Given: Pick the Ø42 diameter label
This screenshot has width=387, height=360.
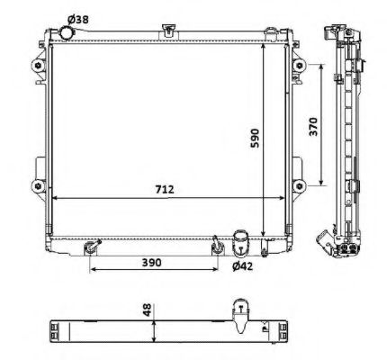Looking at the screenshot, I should pos(243,266).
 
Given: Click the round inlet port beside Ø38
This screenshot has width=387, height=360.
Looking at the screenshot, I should pos(66,34).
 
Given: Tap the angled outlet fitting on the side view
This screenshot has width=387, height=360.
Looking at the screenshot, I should pos(322,240).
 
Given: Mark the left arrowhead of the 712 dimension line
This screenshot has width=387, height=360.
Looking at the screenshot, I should pos(56,197).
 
